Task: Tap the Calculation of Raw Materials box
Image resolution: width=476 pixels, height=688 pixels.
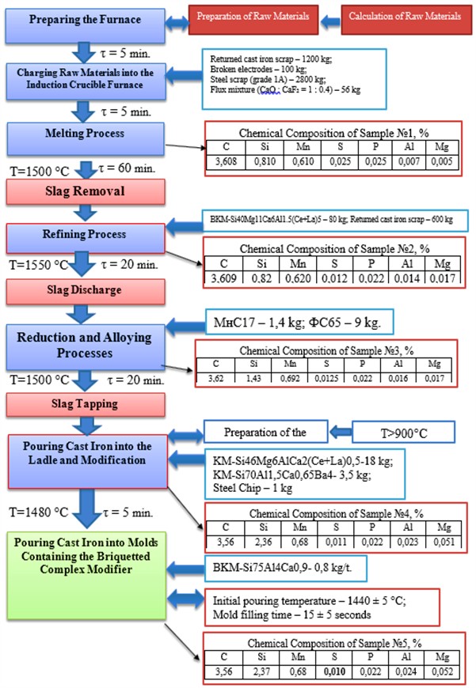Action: pos(404,17)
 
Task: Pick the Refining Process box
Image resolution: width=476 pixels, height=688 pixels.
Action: pos(85,235)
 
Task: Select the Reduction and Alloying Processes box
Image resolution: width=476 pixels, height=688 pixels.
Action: pos(86,345)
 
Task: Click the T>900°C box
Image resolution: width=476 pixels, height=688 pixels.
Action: pos(403,432)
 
